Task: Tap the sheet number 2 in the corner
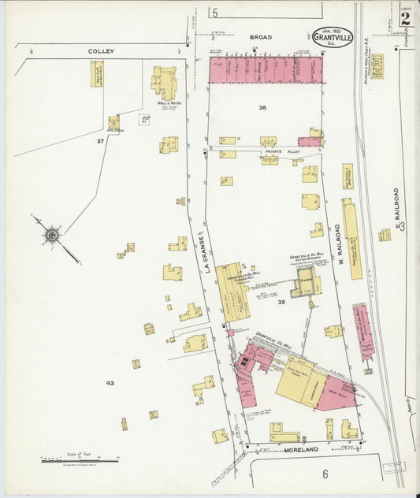point(404,20)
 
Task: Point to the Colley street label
point(101,51)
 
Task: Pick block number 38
point(262,107)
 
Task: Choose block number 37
point(100,141)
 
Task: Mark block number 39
point(281,302)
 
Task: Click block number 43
point(110,383)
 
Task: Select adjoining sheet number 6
point(324,474)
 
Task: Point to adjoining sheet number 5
point(214,13)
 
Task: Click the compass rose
point(52,235)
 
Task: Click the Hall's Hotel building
point(164,83)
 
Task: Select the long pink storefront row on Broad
point(266,69)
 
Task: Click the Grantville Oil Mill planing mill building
point(232,291)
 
